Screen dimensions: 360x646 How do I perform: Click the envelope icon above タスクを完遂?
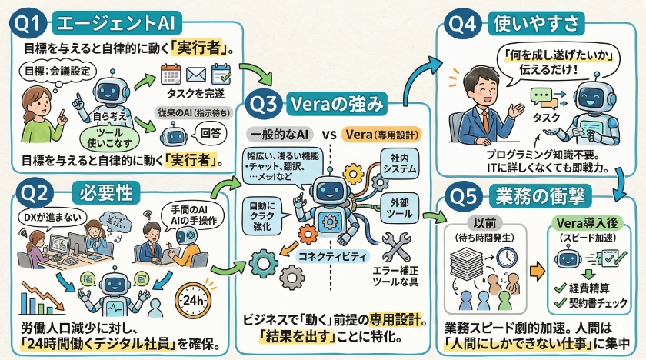[x=193, y=75]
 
